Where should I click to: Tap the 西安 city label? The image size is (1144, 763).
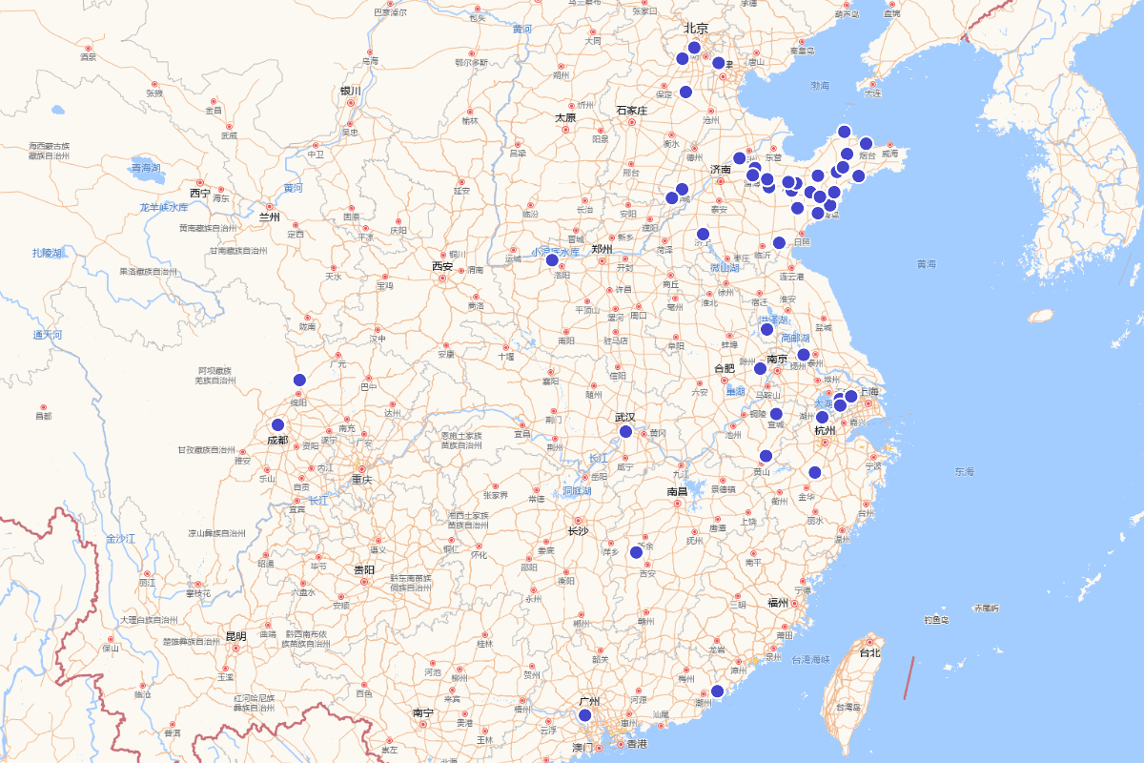pyautogui.click(x=442, y=266)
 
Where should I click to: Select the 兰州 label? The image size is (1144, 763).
pyautogui.click(x=269, y=217)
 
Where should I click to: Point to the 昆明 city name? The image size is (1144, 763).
pyautogui.click(x=235, y=636)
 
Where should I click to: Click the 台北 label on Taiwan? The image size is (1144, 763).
pyautogui.click(x=869, y=653)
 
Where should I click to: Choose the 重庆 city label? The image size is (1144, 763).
pyautogui.click(x=361, y=480)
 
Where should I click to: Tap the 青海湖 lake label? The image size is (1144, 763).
pyautogui.click(x=147, y=167)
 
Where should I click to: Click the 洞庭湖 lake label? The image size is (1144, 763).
pyautogui.click(x=576, y=491)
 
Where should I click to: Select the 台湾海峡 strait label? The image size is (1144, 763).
pyautogui.click(x=810, y=659)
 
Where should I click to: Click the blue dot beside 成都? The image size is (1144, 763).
pyautogui.click(x=278, y=425)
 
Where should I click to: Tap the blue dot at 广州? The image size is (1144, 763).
pyautogui.click(x=585, y=715)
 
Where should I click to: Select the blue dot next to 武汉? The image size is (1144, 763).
pyautogui.click(x=626, y=432)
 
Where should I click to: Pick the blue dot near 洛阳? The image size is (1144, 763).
pyautogui.click(x=552, y=259)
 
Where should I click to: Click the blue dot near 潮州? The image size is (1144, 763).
pyautogui.click(x=718, y=691)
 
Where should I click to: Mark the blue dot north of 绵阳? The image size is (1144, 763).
pyautogui.click(x=299, y=380)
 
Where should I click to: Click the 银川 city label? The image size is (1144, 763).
pyautogui.click(x=351, y=92)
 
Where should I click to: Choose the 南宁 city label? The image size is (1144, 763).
pyautogui.click(x=423, y=712)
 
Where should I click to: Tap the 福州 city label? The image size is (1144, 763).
pyautogui.click(x=778, y=603)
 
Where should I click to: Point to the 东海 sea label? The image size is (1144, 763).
pyautogui.click(x=964, y=472)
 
